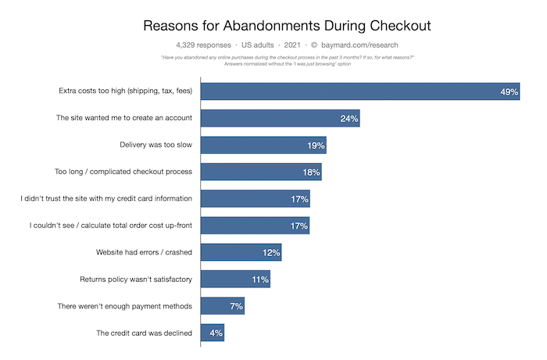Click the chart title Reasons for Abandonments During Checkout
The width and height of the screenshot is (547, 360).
point(287,25)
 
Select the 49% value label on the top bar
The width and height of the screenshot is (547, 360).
point(509,92)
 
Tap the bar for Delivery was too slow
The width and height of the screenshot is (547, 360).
point(263,145)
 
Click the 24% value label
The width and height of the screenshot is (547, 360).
point(349,119)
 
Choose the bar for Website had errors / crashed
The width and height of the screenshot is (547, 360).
point(241,252)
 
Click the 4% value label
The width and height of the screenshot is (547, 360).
point(216,333)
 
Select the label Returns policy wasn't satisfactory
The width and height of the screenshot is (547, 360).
point(136,279)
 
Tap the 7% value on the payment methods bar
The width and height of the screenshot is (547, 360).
point(236,306)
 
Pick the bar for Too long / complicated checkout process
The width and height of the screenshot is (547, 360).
point(261,172)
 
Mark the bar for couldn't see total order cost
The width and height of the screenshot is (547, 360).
point(255,226)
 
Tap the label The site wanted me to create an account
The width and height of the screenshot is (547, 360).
point(124,119)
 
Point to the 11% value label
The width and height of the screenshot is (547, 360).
point(260,279)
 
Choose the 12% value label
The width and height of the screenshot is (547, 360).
point(271,252)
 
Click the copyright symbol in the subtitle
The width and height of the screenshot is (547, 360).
point(325,46)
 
